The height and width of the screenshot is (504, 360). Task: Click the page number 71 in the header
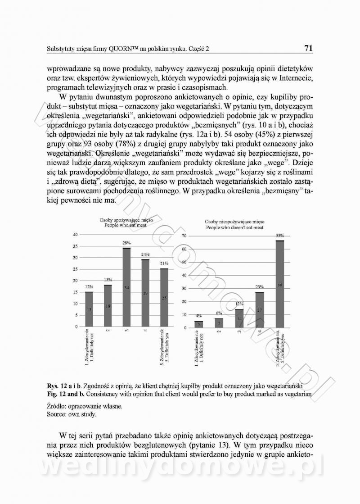coord(308,48)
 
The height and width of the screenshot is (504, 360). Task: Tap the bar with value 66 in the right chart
coord(279,284)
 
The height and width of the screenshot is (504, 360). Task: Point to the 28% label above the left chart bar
coord(126,243)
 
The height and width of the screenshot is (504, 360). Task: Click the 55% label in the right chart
coord(279,236)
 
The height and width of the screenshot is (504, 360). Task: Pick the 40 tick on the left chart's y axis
coord(75,235)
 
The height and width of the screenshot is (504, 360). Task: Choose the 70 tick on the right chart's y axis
coord(184,236)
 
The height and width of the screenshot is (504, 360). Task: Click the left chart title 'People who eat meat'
coord(126,225)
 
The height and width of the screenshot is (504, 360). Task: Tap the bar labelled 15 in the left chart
coord(89,309)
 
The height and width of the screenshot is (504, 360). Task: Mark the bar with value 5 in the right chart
coord(198,324)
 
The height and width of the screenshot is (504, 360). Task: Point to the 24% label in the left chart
coord(145,254)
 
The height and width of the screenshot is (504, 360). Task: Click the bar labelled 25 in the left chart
coord(164,298)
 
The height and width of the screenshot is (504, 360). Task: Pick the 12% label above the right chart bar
coord(239,304)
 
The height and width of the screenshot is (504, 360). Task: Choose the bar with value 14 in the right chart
coord(239,318)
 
